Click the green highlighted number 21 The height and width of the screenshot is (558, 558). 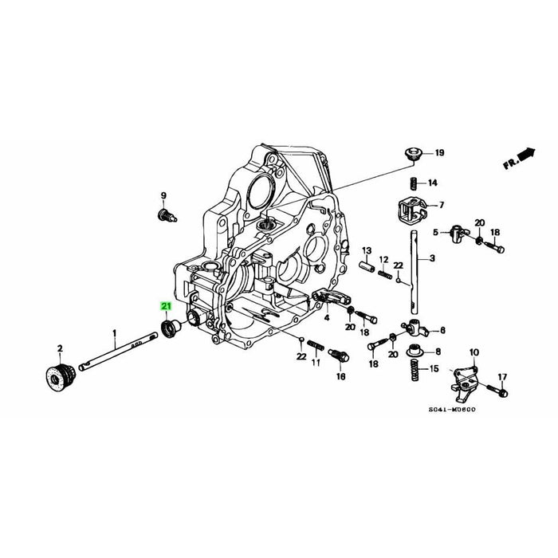point(166,306)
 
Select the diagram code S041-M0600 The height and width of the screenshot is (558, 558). point(452,409)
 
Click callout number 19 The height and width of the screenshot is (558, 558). point(440,153)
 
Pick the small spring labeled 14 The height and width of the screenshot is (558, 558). point(412,183)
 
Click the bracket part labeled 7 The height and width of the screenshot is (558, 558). point(412,209)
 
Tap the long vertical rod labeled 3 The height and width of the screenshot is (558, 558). point(414,273)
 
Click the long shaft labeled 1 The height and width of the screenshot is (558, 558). point(118,352)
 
